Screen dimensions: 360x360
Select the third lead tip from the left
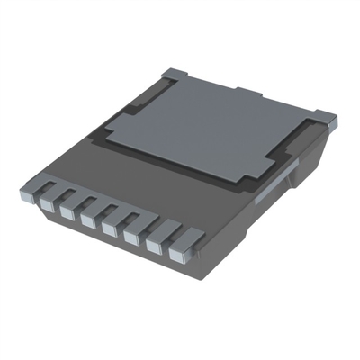click(x=88, y=220)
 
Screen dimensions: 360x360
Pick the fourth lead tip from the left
click(x=109, y=229)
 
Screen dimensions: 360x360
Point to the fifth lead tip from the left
click(x=130, y=237)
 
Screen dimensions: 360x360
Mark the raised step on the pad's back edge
click(x=256, y=94)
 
